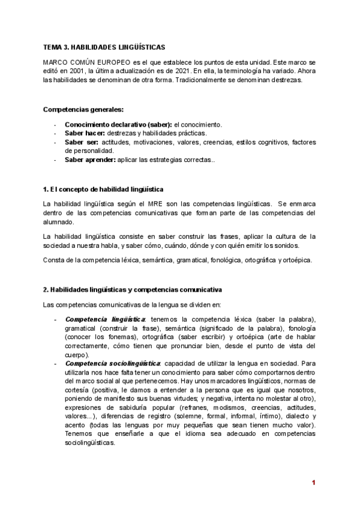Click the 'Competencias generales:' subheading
84,109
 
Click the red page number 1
313,483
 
